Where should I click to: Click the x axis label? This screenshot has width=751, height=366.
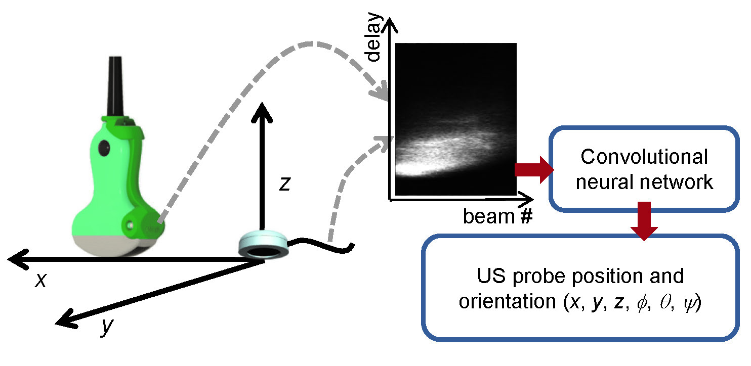pos(40,281)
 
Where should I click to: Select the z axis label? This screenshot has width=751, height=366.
pos(285,185)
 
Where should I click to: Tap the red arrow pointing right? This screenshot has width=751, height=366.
pos(534,170)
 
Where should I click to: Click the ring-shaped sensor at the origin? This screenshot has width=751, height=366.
pos(263,244)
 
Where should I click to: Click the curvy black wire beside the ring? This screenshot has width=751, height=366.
pos(324,245)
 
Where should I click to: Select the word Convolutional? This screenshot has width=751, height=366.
pos(644,157)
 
